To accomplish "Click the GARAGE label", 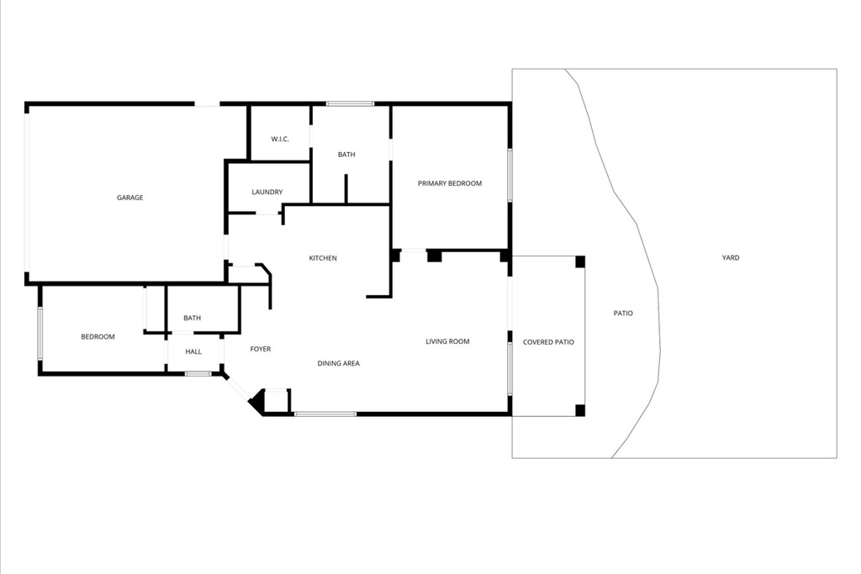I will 129,197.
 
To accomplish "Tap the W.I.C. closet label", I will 280,139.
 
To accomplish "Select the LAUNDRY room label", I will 267,192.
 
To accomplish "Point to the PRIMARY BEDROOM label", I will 450,183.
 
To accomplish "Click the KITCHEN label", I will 323,258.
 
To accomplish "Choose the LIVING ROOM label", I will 447,341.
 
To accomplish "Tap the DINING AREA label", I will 339,363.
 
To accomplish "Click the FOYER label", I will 261,349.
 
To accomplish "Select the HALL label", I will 193,351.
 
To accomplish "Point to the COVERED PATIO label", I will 548,342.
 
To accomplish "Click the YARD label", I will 731,258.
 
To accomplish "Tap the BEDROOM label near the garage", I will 98,337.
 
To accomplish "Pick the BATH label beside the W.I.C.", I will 346,155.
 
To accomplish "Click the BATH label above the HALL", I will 193,318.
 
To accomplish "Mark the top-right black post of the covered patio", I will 579,261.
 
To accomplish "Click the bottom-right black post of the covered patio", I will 579,410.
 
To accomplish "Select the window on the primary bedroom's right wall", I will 510,175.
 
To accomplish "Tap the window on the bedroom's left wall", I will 40,333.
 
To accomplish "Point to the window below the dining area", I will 325,413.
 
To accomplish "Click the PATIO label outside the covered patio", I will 623,313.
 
